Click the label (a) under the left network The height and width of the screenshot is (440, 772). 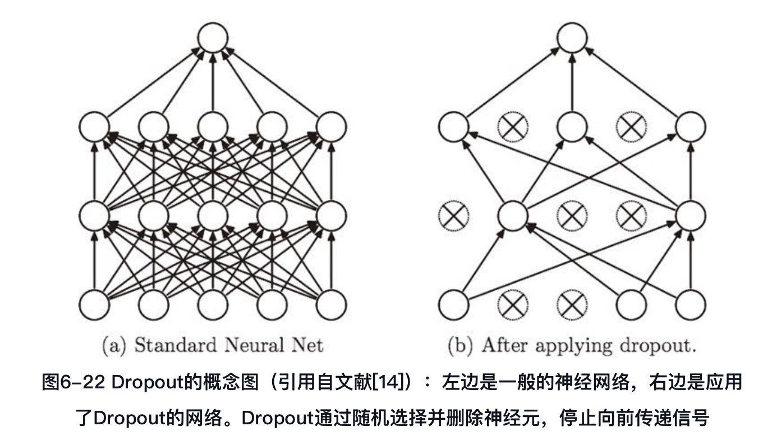click(x=114, y=345)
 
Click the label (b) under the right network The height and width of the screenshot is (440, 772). click(x=461, y=345)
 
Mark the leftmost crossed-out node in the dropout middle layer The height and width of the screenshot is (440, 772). click(x=453, y=216)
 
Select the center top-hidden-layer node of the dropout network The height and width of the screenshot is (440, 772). click(x=572, y=126)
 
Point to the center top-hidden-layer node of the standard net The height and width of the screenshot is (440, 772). click(x=213, y=126)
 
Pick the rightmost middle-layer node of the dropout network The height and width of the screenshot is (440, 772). click(x=691, y=216)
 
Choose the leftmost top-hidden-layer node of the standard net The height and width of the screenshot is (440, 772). click(x=94, y=126)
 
